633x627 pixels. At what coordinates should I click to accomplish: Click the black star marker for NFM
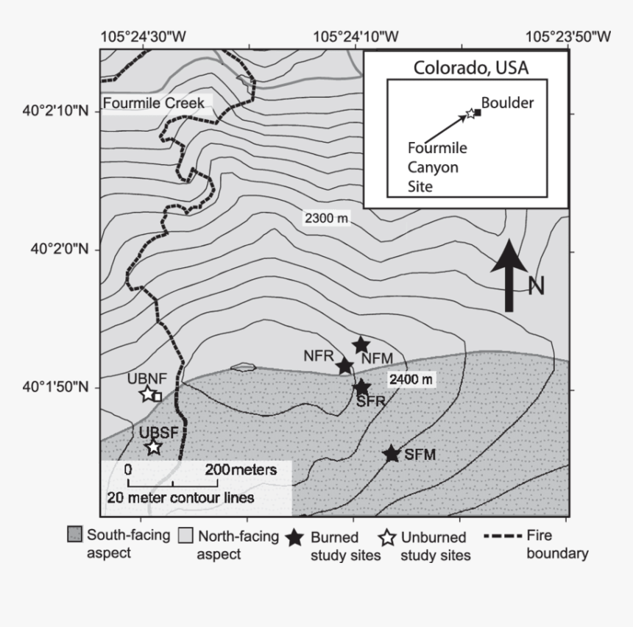[x=361, y=344]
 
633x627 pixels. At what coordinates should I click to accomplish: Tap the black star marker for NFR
[x=344, y=366]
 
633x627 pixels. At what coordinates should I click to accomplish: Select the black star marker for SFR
[x=361, y=387]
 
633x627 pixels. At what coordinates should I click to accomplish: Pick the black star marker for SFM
[x=391, y=453]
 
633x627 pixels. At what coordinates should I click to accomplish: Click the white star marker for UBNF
[x=148, y=394]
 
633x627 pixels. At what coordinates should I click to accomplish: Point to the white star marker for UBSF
[x=153, y=447]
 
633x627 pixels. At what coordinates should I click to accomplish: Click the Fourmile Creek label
[x=154, y=104]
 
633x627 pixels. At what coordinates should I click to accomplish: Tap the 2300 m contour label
[x=325, y=218]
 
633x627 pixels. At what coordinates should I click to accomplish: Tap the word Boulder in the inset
[x=507, y=103]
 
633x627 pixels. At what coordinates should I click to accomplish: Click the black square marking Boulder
[x=478, y=113]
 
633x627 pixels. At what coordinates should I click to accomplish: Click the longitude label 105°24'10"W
[x=357, y=35]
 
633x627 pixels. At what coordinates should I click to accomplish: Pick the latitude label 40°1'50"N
[x=59, y=387]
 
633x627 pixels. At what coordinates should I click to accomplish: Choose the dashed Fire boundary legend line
[x=503, y=536]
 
